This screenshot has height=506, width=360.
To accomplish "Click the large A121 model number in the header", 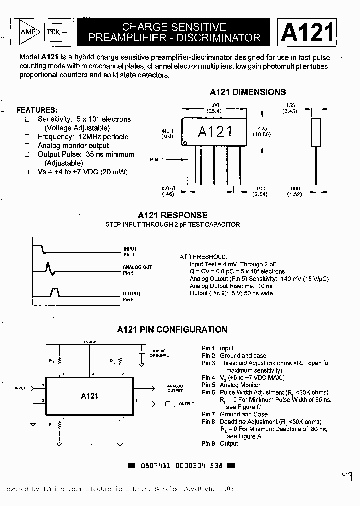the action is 307,32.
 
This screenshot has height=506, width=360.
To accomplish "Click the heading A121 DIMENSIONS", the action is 248,92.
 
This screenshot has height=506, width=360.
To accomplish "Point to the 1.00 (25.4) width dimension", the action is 215,108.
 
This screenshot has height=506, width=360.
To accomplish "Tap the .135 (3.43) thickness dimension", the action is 289,108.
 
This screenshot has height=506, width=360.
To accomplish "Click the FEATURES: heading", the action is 37,110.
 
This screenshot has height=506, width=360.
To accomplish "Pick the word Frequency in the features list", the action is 55,137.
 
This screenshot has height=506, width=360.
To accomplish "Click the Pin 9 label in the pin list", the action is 208,444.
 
